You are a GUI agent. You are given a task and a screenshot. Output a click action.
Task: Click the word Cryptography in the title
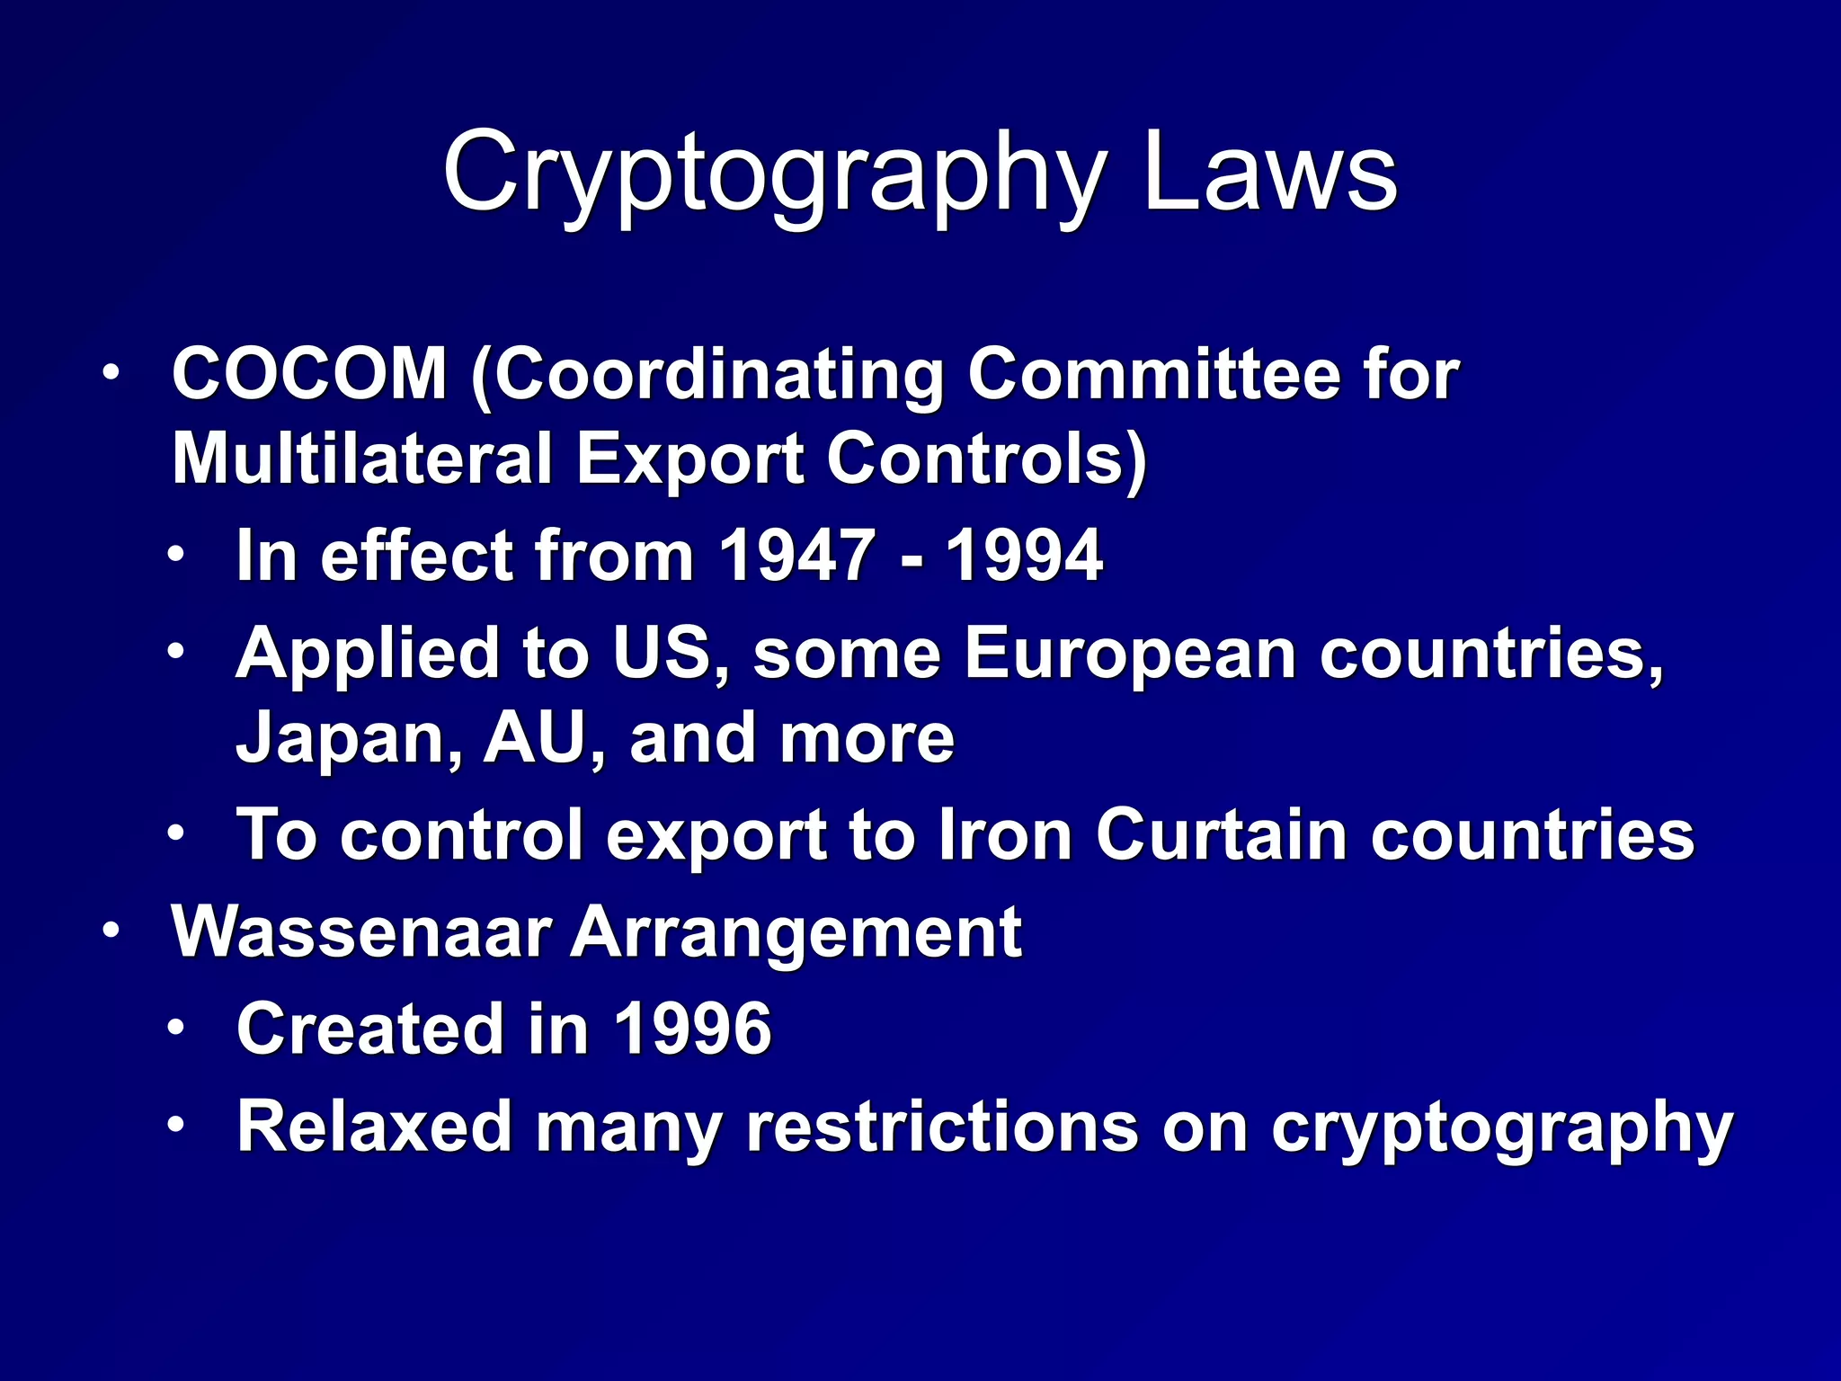773,173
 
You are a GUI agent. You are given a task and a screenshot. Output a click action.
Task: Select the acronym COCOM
309,374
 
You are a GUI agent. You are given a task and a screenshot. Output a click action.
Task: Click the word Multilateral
361,459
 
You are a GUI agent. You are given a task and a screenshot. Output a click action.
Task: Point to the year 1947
797,556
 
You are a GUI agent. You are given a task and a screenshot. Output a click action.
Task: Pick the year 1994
1024,556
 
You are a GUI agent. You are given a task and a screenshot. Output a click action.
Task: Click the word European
1130,653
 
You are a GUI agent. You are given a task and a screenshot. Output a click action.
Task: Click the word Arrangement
796,933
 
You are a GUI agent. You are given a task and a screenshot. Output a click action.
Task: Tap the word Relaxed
374,1126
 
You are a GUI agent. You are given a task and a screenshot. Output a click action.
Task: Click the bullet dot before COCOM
110,372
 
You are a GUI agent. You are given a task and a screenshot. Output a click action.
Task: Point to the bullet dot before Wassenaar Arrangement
110,931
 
